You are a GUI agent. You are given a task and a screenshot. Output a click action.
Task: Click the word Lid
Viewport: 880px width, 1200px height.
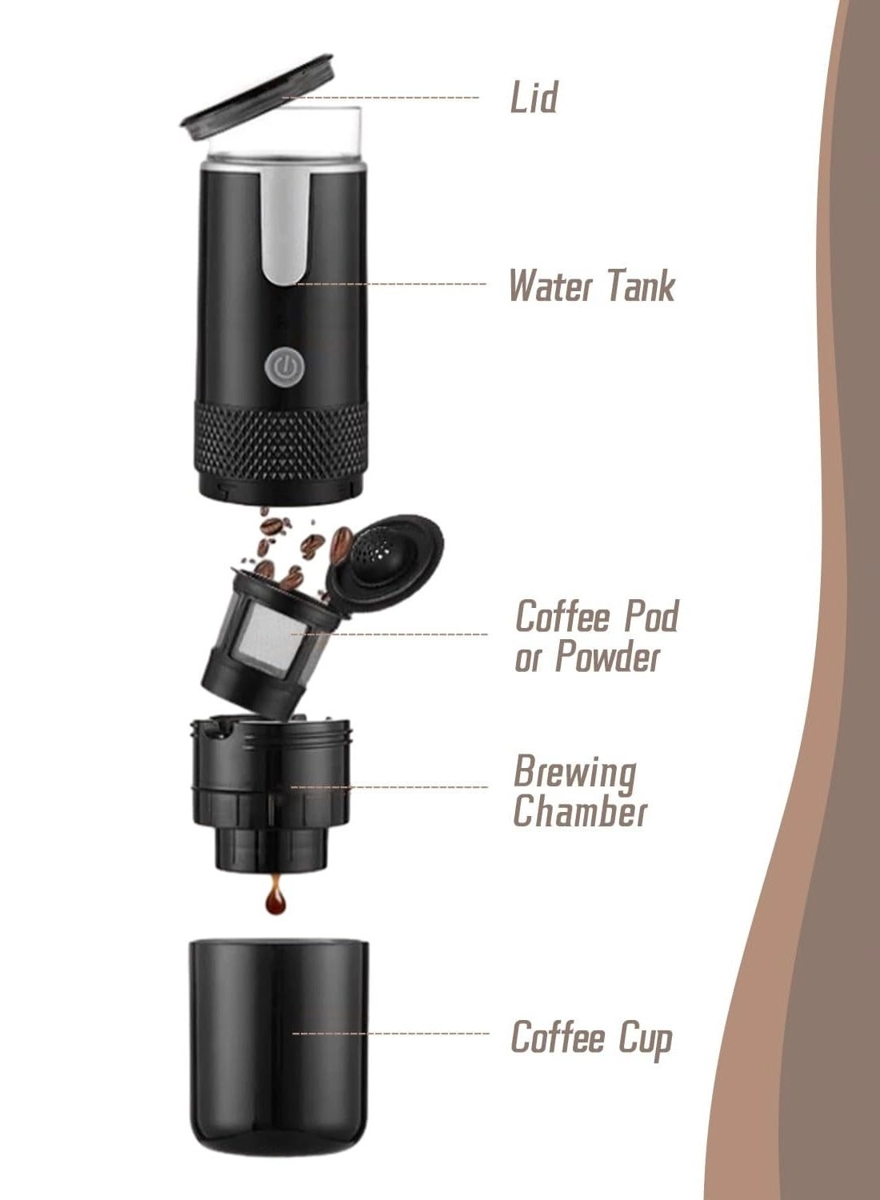[534, 98]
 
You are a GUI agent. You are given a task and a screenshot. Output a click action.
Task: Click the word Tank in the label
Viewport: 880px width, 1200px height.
[642, 286]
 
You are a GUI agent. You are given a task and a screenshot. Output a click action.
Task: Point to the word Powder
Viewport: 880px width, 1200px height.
[608, 658]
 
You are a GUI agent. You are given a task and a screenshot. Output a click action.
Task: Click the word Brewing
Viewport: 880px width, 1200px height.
[574, 772]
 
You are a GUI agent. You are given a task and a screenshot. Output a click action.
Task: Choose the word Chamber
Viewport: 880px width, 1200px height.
[579, 811]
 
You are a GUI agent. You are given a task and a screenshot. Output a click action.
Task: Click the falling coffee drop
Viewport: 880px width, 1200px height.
[276, 901]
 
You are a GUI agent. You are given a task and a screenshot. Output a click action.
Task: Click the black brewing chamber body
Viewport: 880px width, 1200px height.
[272, 792]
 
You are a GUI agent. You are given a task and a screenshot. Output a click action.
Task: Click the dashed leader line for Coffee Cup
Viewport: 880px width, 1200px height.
[392, 1034]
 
